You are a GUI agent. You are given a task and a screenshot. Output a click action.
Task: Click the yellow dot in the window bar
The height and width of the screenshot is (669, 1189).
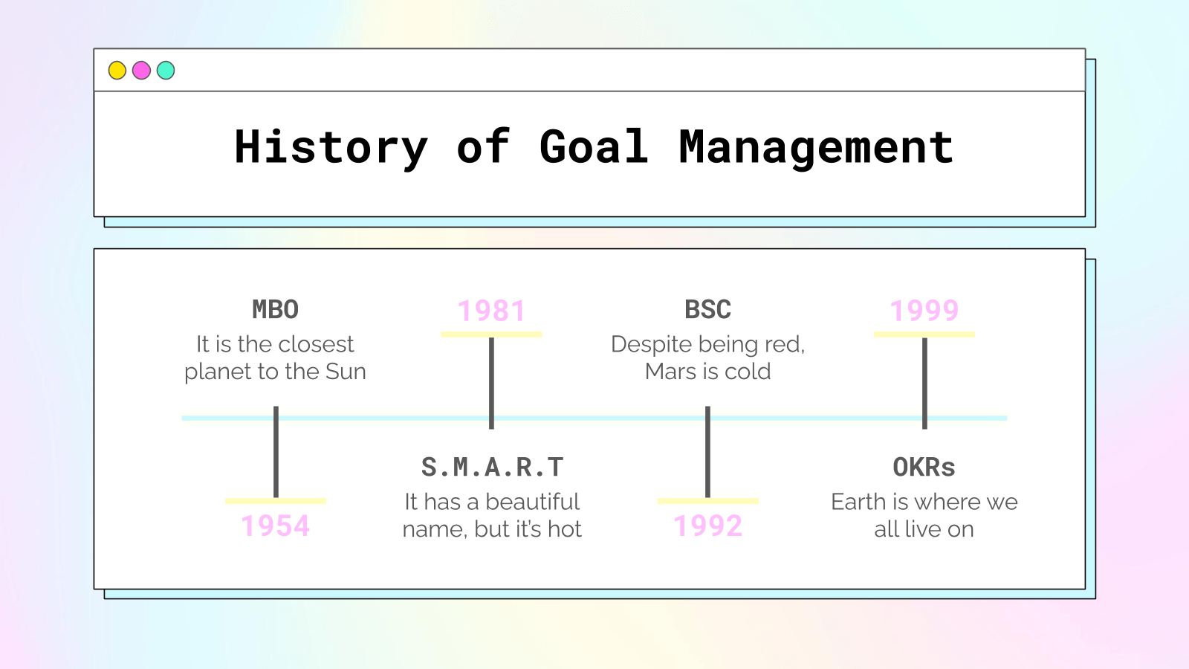click(x=117, y=70)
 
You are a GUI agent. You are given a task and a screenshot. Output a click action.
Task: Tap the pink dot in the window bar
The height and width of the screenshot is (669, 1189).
click(x=141, y=70)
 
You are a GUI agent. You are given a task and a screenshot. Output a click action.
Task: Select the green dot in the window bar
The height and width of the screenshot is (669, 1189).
click(x=166, y=70)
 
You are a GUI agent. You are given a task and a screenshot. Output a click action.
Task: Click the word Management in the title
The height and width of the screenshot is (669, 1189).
click(x=817, y=149)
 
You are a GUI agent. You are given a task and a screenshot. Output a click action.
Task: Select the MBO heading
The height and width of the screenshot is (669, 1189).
click(x=276, y=309)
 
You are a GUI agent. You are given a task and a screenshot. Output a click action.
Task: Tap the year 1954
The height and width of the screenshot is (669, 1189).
click(x=276, y=526)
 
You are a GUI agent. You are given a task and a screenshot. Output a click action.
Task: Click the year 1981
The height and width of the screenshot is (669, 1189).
click(x=491, y=311)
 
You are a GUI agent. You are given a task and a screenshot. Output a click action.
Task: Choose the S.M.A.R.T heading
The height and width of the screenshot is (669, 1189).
click(x=492, y=468)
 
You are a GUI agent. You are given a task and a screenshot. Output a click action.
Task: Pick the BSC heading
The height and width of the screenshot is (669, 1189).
click(x=707, y=309)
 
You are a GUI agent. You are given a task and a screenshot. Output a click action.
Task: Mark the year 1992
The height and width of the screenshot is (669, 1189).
click(x=707, y=526)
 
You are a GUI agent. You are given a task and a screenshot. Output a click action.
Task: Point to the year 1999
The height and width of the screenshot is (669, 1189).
click(x=924, y=311)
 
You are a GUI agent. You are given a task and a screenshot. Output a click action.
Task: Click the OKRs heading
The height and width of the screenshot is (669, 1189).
click(x=924, y=468)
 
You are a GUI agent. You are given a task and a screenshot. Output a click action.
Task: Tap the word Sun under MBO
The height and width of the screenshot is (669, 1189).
click(x=346, y=372)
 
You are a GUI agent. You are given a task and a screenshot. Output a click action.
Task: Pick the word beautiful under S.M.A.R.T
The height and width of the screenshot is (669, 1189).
click(x=532, y=502)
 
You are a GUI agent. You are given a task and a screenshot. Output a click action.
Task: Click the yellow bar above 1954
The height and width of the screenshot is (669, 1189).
click(x=276, y=501)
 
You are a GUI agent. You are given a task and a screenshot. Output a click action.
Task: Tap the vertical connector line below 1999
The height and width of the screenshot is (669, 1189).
click(x=924, y=384)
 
